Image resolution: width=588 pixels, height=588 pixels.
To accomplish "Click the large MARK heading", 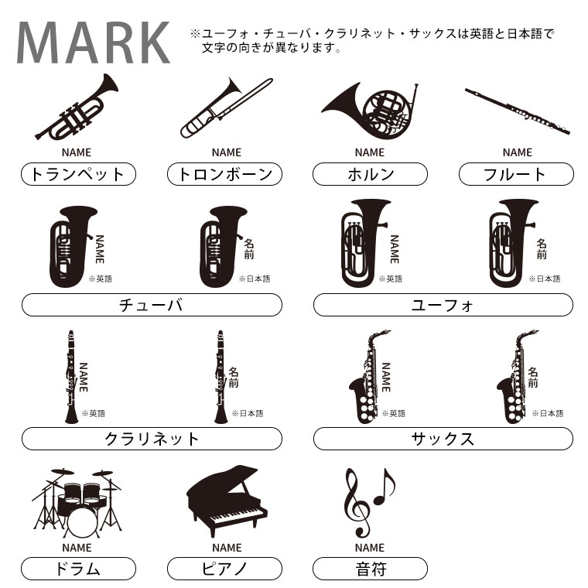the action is [94, 43].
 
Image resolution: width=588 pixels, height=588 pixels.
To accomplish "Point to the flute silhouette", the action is [518, 111].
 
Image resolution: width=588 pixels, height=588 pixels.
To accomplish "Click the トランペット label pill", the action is [78, 174].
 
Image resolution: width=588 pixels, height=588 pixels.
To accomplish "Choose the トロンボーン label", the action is [224, 174].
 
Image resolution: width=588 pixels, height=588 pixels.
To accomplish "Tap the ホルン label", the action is [370, 174].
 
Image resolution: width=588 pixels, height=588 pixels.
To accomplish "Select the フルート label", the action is [516, 174].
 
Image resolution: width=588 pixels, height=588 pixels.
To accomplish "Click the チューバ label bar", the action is [152, 305].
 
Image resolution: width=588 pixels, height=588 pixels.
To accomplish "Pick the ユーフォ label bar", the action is [443, 305].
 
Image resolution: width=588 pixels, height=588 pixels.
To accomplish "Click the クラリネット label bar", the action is [152, 439].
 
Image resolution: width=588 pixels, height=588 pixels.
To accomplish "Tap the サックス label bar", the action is [443, 439].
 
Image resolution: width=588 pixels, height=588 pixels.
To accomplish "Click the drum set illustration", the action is [77, 502].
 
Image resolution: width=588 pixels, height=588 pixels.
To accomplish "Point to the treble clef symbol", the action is [356, 502].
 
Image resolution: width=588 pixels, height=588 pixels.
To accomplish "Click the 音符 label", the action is [370, 569].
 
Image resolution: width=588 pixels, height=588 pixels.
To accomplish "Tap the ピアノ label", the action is [224, 569].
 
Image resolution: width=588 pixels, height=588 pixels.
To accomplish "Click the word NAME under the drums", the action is [77, 548].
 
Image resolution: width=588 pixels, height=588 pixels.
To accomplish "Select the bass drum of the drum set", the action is [83, 522].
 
